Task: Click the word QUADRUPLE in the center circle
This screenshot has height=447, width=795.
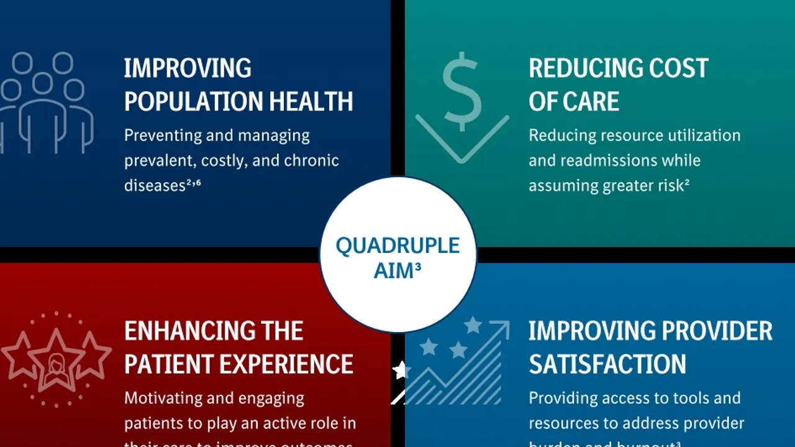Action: [x=397, y=246]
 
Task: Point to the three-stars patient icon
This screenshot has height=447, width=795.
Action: [x=56, y=361]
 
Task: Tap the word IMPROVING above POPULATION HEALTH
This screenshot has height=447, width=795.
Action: [x=188, y=68]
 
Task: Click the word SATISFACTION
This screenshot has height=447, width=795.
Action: [x=607, y=364]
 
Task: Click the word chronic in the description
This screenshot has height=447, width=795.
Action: [x=311, y=160]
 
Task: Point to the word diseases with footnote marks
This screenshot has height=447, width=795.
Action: [x=153, y=185]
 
